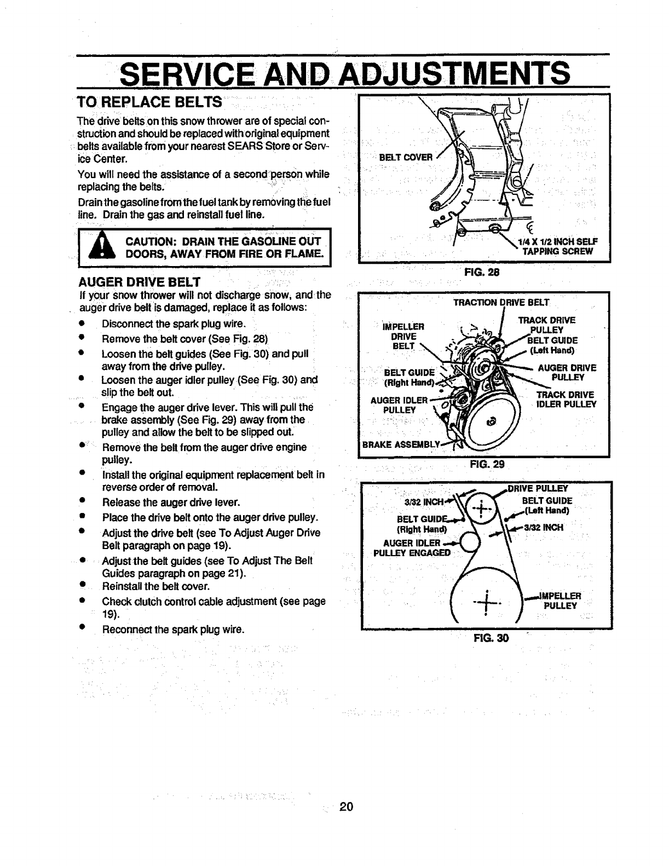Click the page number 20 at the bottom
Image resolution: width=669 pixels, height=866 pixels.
pos(344,806)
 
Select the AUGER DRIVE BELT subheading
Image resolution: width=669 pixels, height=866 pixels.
pos(140,282)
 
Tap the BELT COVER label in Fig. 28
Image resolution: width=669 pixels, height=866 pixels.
pos(406,158)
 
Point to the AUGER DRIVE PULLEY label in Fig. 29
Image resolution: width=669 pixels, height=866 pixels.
pos(567,372)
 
